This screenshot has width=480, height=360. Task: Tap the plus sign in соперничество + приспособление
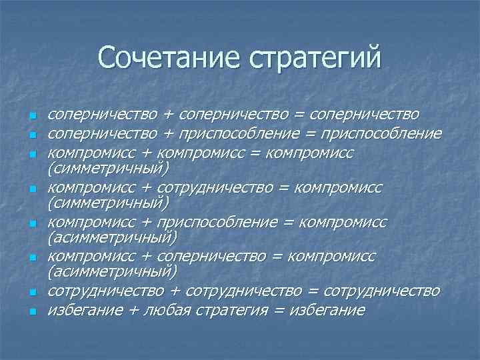point(168,135)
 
